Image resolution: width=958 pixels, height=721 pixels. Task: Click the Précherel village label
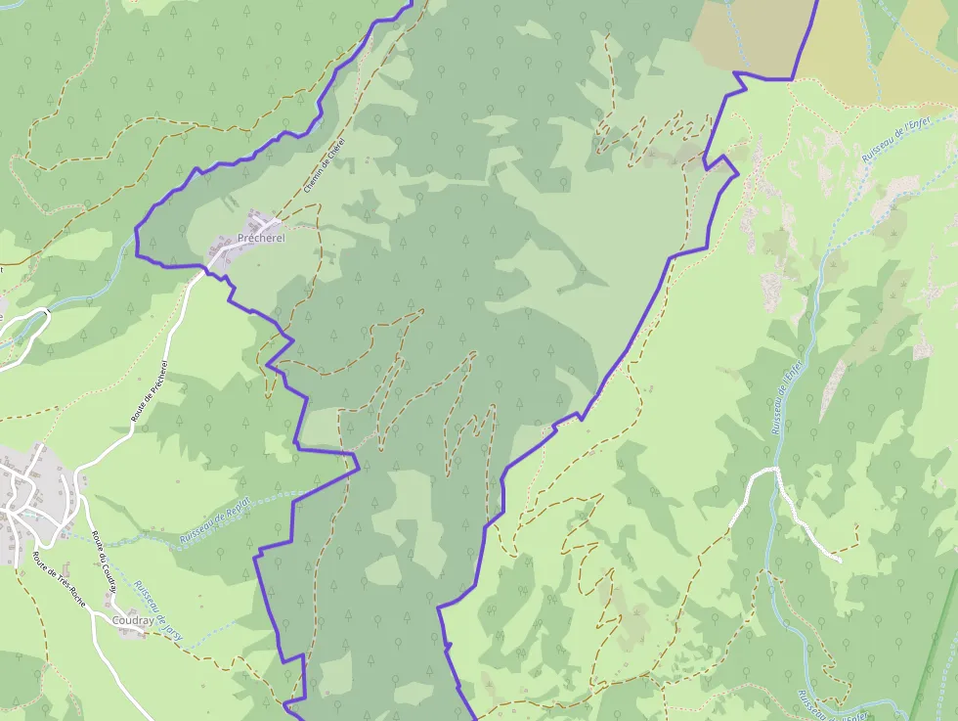[261, 239]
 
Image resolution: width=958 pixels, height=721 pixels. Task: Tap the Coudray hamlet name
[133, 620]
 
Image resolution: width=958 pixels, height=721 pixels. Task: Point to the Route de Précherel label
[150, 391]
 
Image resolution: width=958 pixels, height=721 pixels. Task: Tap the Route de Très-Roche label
[58, 585]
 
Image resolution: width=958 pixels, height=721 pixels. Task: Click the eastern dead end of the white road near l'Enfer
[839, 560]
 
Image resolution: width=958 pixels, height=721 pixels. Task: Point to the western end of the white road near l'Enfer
[748, 481]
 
